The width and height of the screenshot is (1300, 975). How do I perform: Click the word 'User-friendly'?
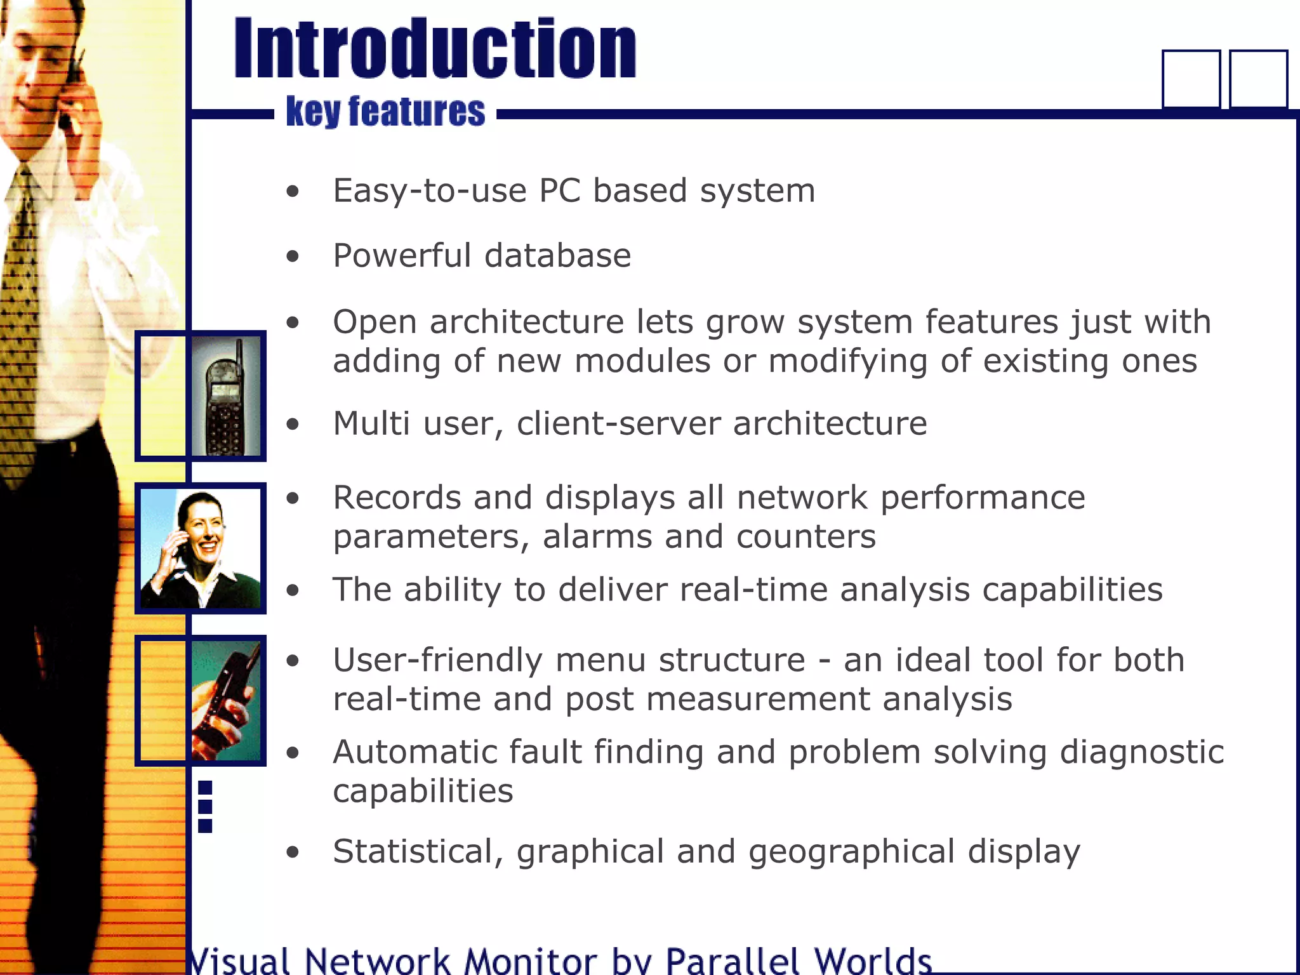click(x=437, y=660)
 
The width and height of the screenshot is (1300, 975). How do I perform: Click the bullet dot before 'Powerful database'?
click(x=292, y=256)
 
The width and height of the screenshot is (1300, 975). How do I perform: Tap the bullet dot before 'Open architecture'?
click(x=292, y=322)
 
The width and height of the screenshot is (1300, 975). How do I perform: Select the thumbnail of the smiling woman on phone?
click(x=201, y=548)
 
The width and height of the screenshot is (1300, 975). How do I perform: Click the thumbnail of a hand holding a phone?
click(x=225, y=701)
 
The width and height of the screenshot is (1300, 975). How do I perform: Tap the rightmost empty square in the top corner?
click(x=1258, y=79)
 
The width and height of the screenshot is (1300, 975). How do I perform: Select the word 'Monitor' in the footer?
click(x=531, y=961)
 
